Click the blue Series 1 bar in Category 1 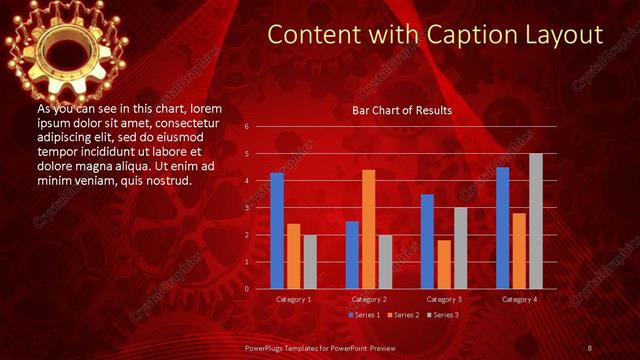277,231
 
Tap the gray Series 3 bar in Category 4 536,221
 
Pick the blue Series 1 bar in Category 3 427,241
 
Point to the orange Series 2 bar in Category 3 443,264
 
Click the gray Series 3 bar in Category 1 309,261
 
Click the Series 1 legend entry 365,315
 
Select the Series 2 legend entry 405,315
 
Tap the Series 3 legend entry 444,315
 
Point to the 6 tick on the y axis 246,127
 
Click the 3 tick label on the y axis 246,208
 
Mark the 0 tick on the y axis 246,289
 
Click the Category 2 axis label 368,299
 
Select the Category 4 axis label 519,299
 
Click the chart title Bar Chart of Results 402,110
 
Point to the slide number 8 590,347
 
